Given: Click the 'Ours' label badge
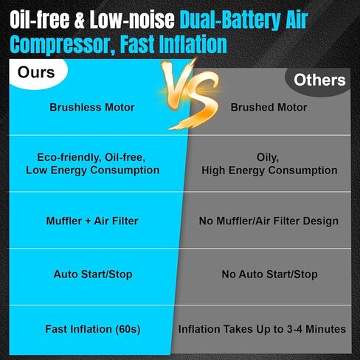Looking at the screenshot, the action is pos(36,73).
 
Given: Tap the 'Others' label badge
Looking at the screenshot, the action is pos(319,80).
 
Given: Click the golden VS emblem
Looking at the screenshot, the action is pos(190,94).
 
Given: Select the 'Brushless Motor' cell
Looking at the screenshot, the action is pos(92,107).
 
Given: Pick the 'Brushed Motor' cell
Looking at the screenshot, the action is pos(269,107).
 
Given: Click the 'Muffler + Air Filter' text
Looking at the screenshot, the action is pos(92,221).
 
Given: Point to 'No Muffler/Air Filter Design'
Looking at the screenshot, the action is pos(269,221).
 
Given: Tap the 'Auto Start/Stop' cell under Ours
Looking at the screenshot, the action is pos(93,274).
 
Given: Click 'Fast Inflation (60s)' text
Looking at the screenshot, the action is pos(93,329).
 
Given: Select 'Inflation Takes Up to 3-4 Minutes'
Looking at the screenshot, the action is pos(262,329).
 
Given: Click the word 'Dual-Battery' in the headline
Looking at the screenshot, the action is pos(230,20).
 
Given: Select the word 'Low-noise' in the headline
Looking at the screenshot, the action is pos(132,19).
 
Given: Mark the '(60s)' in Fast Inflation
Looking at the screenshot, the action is pos(128,329).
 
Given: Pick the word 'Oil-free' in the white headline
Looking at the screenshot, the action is pos(40,19).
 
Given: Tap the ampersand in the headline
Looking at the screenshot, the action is pos(80,20).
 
